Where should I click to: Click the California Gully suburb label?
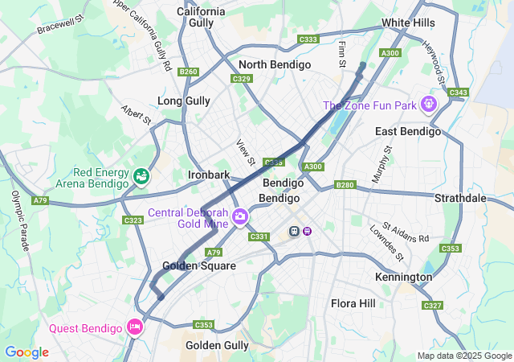pos(201,17)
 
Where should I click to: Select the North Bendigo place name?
pos(275,64)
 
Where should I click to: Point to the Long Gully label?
pos(184,101)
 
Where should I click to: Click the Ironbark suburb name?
pos(209,175)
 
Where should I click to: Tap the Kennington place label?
pos(403,277)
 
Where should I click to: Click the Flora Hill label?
pos(353,303)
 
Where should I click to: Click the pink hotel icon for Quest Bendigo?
pos(134,327)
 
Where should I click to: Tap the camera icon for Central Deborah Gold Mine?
pos(239,217)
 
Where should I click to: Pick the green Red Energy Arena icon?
pos(141,175)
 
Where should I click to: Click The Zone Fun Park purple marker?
pos(430,104)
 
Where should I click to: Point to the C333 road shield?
pos(308,39)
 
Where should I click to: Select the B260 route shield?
pos(189,72)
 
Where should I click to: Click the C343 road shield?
pos(459,93)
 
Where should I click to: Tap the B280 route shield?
pos(345,185)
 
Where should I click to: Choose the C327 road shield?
pos(433,306)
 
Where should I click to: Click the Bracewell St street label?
pos(60,23)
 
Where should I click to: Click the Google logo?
pos(27,352)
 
